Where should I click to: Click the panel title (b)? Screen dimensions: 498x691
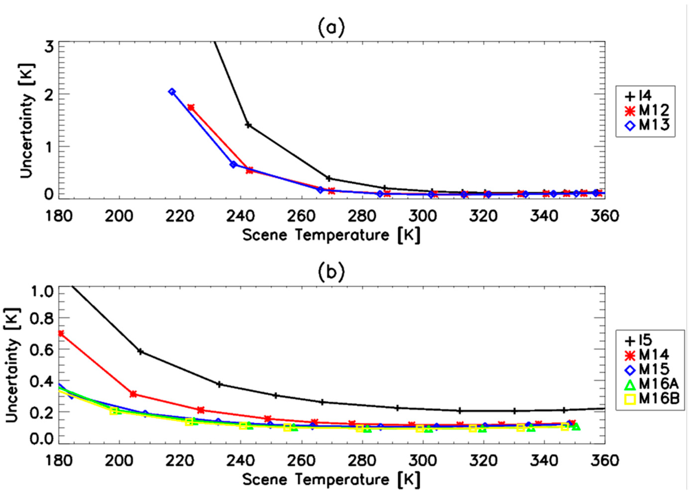tap(331, 272)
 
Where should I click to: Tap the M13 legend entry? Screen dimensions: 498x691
tap(645, 125)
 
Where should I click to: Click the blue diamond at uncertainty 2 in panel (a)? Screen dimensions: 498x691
tap(172, 92)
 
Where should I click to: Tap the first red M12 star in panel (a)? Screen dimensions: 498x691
tap(191, 107)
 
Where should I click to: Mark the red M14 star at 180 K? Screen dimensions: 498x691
tap(61, 333)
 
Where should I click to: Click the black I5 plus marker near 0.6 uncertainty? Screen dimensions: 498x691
tap(140, 351)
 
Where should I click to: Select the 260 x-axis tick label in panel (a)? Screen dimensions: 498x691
tap(301, 216)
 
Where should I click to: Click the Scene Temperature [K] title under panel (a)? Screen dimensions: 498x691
tap(331, 235)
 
